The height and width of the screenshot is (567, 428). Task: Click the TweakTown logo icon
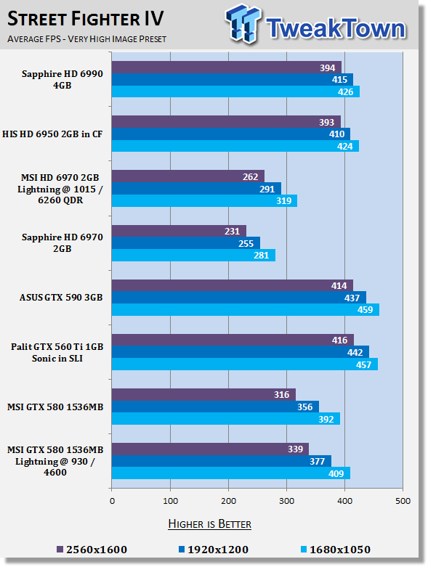coord(243,24)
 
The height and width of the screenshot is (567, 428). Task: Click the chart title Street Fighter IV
coord(86,19)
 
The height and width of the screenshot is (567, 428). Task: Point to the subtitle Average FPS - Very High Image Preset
coord(86,38)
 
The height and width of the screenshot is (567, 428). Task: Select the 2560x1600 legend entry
coord(92,550)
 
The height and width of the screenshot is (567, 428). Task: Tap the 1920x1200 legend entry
coord(214,550)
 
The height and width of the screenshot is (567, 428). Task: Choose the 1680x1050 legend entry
coord(336,550)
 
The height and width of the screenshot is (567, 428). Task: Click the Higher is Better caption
coord(210,524)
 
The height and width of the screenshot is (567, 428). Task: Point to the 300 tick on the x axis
coord(286,501)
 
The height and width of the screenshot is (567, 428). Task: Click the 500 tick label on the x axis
coord(403,501)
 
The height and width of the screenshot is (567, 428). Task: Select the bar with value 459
coord(246,310)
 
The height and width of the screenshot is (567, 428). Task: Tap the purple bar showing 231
coord(179,231)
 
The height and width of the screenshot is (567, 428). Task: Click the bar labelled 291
coord(196,189)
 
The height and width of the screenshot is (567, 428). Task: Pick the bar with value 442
coord(241,352)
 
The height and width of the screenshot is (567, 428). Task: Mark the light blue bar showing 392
coord(226,419)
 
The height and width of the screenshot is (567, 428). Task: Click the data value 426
coord(345,92)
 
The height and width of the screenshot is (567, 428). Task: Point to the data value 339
coord(295,449)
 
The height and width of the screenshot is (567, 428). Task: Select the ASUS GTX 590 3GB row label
coord(61,298)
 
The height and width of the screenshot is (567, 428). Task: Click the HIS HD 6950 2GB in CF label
coord(52,134)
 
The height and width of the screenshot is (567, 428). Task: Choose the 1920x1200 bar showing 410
coord(231,134)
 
